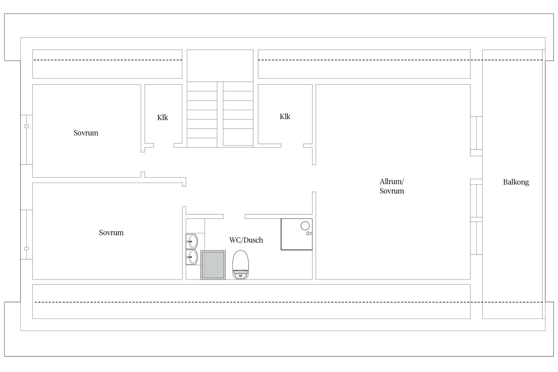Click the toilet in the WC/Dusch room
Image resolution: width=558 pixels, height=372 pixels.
(241, 265)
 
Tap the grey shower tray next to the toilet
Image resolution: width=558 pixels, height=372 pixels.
(213, 265)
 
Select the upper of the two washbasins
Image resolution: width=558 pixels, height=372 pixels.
(192, 241)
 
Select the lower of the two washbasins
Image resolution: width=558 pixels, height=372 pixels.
(192, 257)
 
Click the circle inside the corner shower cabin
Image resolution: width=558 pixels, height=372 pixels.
(305, 226)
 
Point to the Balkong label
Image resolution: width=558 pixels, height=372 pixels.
(516, 182)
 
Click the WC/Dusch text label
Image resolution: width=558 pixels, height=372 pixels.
(246, 240)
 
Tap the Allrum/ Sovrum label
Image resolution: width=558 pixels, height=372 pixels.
(392, 186)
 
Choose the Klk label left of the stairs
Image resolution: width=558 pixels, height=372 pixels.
(163, 117)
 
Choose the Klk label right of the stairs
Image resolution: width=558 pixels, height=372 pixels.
(285, 117)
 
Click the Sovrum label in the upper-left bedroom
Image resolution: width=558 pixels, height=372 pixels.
(86, 133)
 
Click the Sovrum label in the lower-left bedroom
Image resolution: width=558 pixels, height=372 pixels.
(111, 233)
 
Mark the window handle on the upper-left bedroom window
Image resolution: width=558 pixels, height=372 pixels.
(26, 126)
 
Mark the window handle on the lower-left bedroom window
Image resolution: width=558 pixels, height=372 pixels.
(26, 249)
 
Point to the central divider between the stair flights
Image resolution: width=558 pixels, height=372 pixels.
(220, 114)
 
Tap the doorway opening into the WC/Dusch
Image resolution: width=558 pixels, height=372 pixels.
(234, 216)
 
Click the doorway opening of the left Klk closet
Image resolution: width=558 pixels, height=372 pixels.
(164, 146)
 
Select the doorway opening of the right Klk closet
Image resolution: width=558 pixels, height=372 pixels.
(292, 146)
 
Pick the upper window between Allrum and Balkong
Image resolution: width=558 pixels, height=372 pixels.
(476, 133)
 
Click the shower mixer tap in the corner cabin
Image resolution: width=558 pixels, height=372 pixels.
(309, 233)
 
